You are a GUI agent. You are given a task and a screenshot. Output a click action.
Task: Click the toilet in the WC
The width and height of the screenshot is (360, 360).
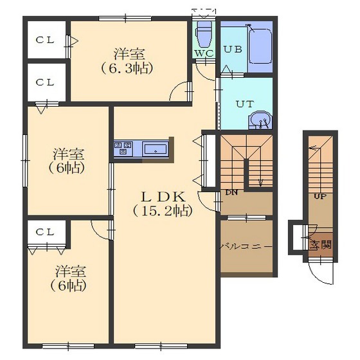click(x=203, y=34)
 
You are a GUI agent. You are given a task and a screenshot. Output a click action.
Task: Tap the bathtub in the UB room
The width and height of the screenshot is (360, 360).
click(x=260, y=46)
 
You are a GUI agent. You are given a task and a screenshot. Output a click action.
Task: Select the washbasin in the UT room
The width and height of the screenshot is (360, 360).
click(x=260, y=120)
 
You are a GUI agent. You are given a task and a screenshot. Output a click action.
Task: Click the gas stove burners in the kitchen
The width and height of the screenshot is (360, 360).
click(x=123, y=148)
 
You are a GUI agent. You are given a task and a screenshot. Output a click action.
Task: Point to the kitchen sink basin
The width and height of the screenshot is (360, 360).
click(x=156, y=149)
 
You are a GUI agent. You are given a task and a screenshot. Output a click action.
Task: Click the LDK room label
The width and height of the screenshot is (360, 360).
click(x=163, y=197)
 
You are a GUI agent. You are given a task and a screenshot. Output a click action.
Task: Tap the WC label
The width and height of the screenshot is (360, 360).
click(x=204, y=53)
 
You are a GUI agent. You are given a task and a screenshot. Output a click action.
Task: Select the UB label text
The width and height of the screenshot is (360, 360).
click(x=233, y=50)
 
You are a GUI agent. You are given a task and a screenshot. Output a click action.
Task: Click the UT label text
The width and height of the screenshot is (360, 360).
click(x=245, y=104)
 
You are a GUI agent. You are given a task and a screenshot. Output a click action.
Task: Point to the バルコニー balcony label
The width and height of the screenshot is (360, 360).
click(x=246, y=247)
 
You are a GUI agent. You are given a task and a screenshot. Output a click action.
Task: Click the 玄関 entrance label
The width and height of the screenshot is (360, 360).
click(x=321, y=245)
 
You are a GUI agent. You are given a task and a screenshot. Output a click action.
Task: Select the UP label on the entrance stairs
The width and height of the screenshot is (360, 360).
click(x=320, y=196)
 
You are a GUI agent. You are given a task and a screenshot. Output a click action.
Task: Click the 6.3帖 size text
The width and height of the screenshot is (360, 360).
click(x=127, y=68)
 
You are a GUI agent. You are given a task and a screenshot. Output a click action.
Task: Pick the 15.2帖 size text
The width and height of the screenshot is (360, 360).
click(x=163, y=211)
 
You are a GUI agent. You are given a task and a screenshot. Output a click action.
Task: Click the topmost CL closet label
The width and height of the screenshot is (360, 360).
click(x=45, y=40)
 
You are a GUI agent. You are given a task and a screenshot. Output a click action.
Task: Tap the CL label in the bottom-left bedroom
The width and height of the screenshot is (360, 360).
click(x=45, y=232)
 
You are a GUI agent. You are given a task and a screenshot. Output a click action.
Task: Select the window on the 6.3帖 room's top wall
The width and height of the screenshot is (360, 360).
click(x=125, y=19)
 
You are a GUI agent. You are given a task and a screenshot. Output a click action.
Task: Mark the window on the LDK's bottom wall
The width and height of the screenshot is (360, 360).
click(x=161, y=346)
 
